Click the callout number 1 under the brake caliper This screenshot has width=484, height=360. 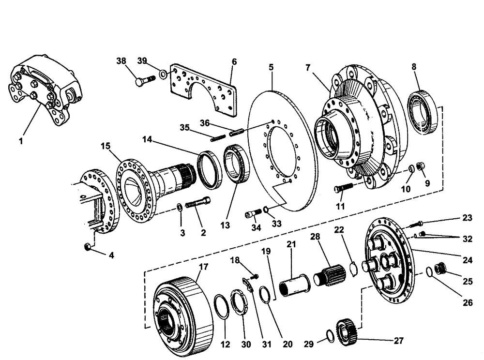[x=21, y=141]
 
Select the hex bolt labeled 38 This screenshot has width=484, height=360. [x=143, y=81]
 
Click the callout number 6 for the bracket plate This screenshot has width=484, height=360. [x=234, y=61]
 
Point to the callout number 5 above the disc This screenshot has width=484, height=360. [x=272, y=66]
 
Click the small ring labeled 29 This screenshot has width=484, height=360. [x=328, y=335]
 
